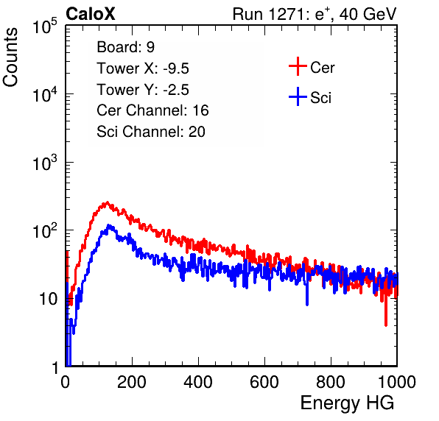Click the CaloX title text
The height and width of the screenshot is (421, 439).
pos(91,13)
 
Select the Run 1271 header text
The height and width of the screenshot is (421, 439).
pos(315,14)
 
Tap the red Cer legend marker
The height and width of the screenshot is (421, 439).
pos(298,66)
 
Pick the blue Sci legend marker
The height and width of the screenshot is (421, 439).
pos(298,96)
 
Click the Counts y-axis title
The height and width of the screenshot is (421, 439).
pos(10,57)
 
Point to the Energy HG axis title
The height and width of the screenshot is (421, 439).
pos(347,403)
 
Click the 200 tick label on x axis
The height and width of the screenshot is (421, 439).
pos(132,382)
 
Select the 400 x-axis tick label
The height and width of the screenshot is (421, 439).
pos(198,382)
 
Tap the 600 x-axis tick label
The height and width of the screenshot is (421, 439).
pos(264,382)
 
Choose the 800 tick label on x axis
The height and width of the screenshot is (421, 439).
pos(331,382)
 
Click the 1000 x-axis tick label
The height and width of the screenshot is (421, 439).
pos(397,382)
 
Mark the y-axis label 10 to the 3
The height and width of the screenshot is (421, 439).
pos(45,163)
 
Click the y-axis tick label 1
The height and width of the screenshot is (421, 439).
pos(55,367)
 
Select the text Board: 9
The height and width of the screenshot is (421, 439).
pos(125,47)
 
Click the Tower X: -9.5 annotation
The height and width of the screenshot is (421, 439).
pos(143,68)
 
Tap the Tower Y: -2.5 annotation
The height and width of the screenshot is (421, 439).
pos(143,90)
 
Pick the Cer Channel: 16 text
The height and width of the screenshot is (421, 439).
pos(152,110)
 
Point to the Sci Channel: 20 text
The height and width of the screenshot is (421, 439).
pos(151,132)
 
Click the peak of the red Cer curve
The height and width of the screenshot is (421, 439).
pos(107,202)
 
